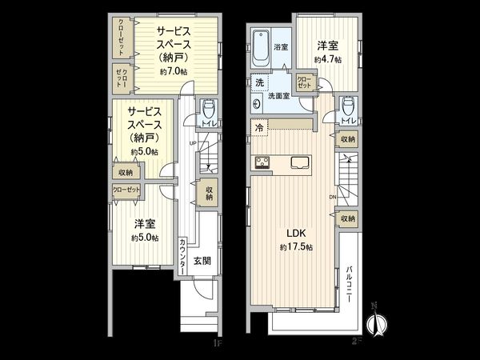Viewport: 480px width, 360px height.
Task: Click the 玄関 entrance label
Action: [x=202, y=261]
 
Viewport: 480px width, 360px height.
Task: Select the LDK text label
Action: [x=296, y=234]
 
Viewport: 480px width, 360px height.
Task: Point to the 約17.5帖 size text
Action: [x=296, y=248]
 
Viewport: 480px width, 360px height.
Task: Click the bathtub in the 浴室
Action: [x=261, y=50]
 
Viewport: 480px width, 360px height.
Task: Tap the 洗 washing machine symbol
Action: [x=260, y=83]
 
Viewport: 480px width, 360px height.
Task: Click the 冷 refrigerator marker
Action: [x=260, y=126]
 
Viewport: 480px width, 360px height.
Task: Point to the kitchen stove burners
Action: [x=262, y=163]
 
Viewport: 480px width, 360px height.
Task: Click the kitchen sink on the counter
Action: [x=302, y=163]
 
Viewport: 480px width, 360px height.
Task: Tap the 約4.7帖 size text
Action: [x=328, y=60]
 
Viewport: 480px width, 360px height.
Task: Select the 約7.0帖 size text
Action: [x=174, y=72]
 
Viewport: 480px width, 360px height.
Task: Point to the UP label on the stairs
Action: [x=194, y=142]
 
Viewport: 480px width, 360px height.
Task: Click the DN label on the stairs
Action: [x=333, y=196]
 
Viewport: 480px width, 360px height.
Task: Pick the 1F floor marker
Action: [x=216, y=343]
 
